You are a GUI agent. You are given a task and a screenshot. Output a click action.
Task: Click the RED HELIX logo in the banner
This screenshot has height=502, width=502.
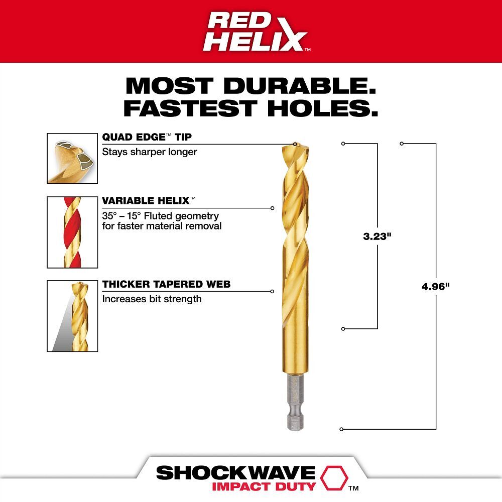[x=256, y=31]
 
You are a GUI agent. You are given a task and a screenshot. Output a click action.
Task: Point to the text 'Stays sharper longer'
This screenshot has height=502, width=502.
[x=150, y=152]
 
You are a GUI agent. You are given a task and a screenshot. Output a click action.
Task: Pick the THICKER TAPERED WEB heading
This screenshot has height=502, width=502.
[x=166, y=285]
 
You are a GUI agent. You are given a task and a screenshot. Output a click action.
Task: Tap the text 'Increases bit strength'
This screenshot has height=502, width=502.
[x=152, y=299]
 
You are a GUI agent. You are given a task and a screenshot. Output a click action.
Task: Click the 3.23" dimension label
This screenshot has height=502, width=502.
[x=377, y=236]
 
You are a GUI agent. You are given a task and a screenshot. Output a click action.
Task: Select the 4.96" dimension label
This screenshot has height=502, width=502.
[x=435, y=286]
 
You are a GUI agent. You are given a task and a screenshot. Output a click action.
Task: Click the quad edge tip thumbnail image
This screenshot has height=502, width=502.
[x=72, y=158]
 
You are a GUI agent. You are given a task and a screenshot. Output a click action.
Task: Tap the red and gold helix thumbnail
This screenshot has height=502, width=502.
[x=72, y=232]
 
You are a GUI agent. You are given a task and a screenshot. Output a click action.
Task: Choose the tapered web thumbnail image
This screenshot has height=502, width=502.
[x=72, y=316]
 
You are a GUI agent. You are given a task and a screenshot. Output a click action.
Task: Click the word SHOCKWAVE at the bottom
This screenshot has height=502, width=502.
[x=235, y=473]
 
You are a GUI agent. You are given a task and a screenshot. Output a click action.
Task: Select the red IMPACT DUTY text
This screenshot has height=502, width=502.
[x=264, y=486]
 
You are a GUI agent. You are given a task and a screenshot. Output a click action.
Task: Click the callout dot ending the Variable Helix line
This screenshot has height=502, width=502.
[x=272, y=208]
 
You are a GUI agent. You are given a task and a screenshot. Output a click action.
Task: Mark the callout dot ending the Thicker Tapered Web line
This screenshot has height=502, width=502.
[x=272, y=291]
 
